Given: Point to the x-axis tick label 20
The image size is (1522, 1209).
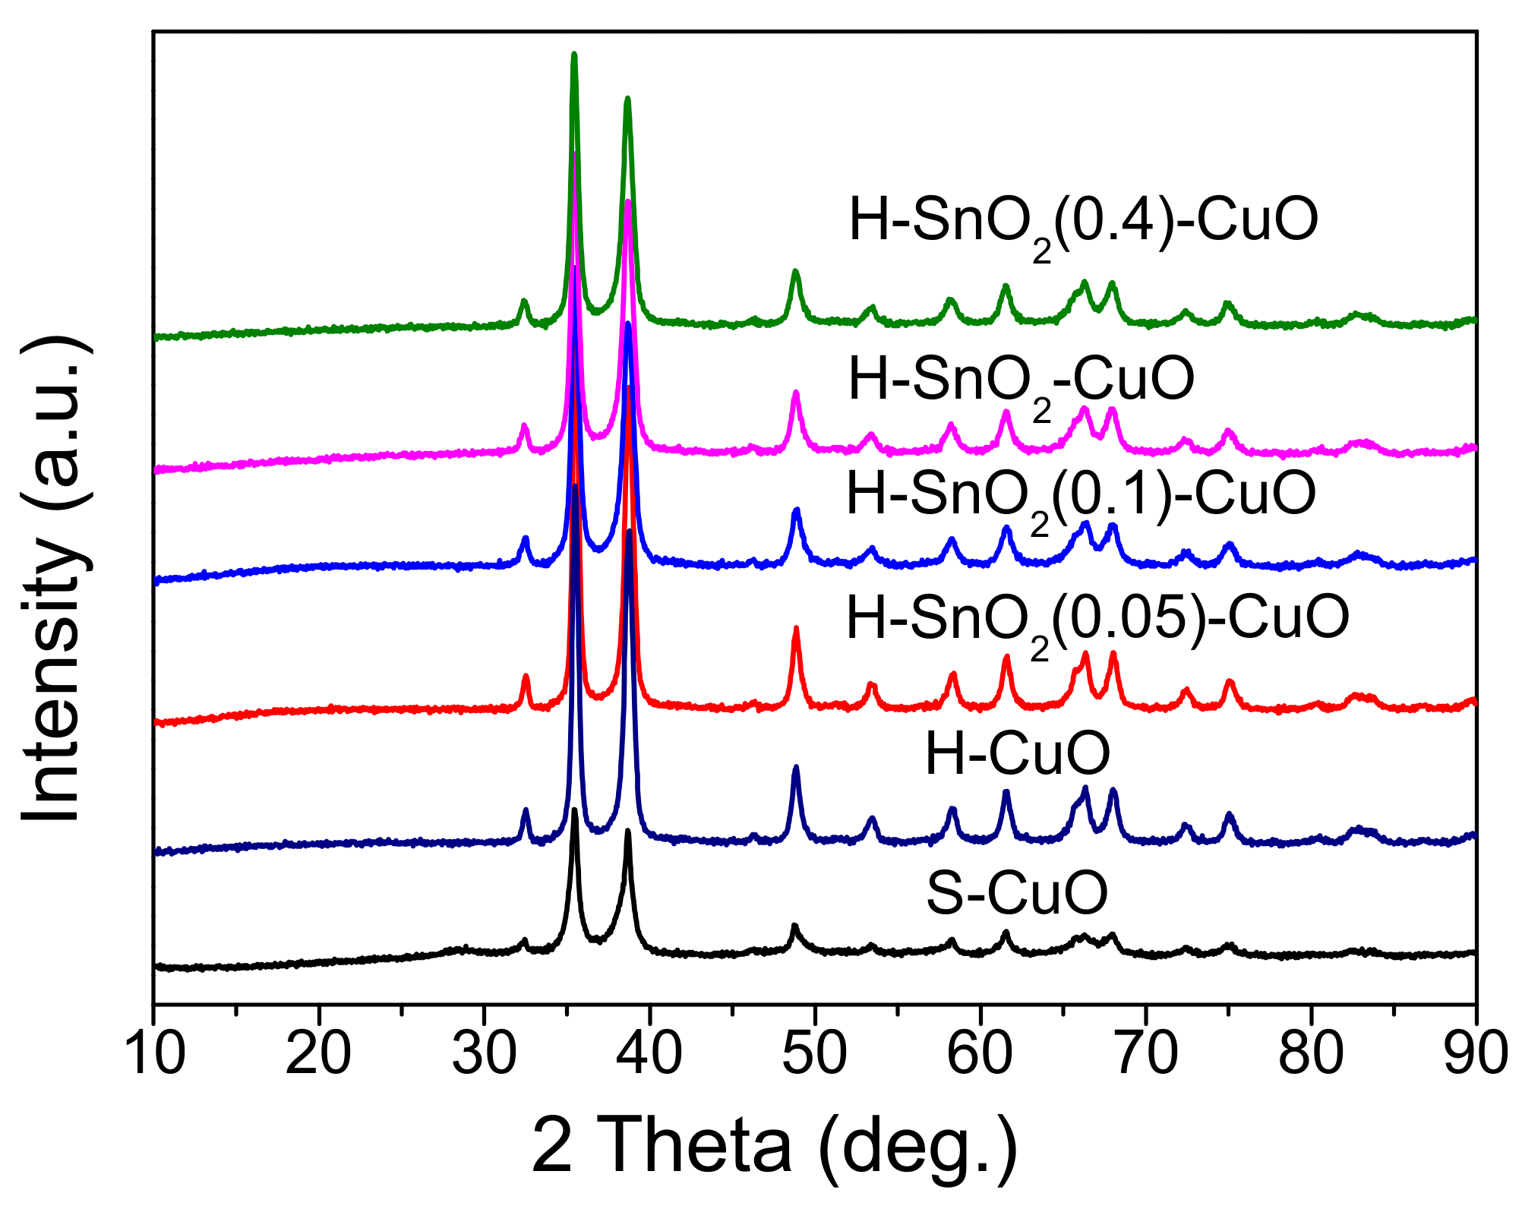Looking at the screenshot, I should pos(319,1054).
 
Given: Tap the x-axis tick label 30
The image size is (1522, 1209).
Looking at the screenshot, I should pos(485,1054).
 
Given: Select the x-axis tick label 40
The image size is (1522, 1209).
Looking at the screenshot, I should pos(649,1054).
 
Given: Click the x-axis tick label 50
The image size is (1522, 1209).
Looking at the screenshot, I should pos(815,1054).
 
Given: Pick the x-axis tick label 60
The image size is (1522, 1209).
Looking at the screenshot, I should pos(980,1054).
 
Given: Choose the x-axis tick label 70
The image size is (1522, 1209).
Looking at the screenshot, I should pos(1145,1054).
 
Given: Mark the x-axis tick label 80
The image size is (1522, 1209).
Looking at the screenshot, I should pos(1311,1054).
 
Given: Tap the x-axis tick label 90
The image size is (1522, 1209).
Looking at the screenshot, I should pos(1475,1054).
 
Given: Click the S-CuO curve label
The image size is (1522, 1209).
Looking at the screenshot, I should pos(1017,893).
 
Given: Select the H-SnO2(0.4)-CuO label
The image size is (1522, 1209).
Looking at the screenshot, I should pos(1083,221).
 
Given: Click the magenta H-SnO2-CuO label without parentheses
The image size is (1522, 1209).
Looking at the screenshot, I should pos(1021,380).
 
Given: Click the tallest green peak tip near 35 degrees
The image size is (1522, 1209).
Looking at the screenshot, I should pos(574,54).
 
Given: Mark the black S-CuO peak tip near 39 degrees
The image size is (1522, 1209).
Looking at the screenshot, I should pos(628,831).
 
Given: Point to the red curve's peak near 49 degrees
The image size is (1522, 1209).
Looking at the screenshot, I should pos(796,628).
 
